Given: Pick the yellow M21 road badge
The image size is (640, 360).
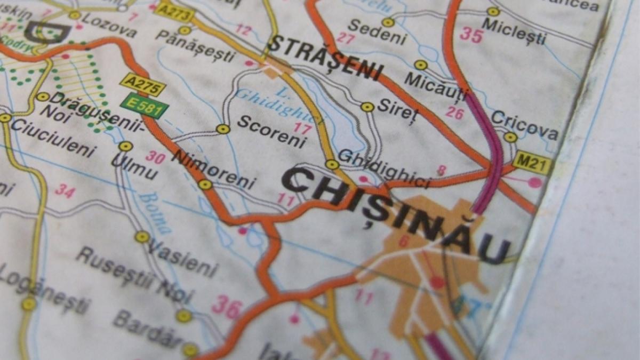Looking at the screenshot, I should pyautogui.click(x=532, y=162).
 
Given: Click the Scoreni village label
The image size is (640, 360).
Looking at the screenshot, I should pyautogui.click(x=271, y=131).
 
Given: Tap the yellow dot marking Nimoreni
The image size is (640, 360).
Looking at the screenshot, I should pyautogui.click(x=205, y=185).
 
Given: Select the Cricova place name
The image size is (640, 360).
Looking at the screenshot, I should pyautogui.click(x=524, y=125).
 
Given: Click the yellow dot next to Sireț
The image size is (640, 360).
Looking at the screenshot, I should pyautogui.click(x=367, y=107).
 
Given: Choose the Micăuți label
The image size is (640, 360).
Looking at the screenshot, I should pyautogui.click(x=436, y=85).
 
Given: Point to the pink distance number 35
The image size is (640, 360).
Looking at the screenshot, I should pyautogui.click(x=471, y=36).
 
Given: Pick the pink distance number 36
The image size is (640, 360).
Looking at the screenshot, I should pyautogui.click(x=227, y=306).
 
